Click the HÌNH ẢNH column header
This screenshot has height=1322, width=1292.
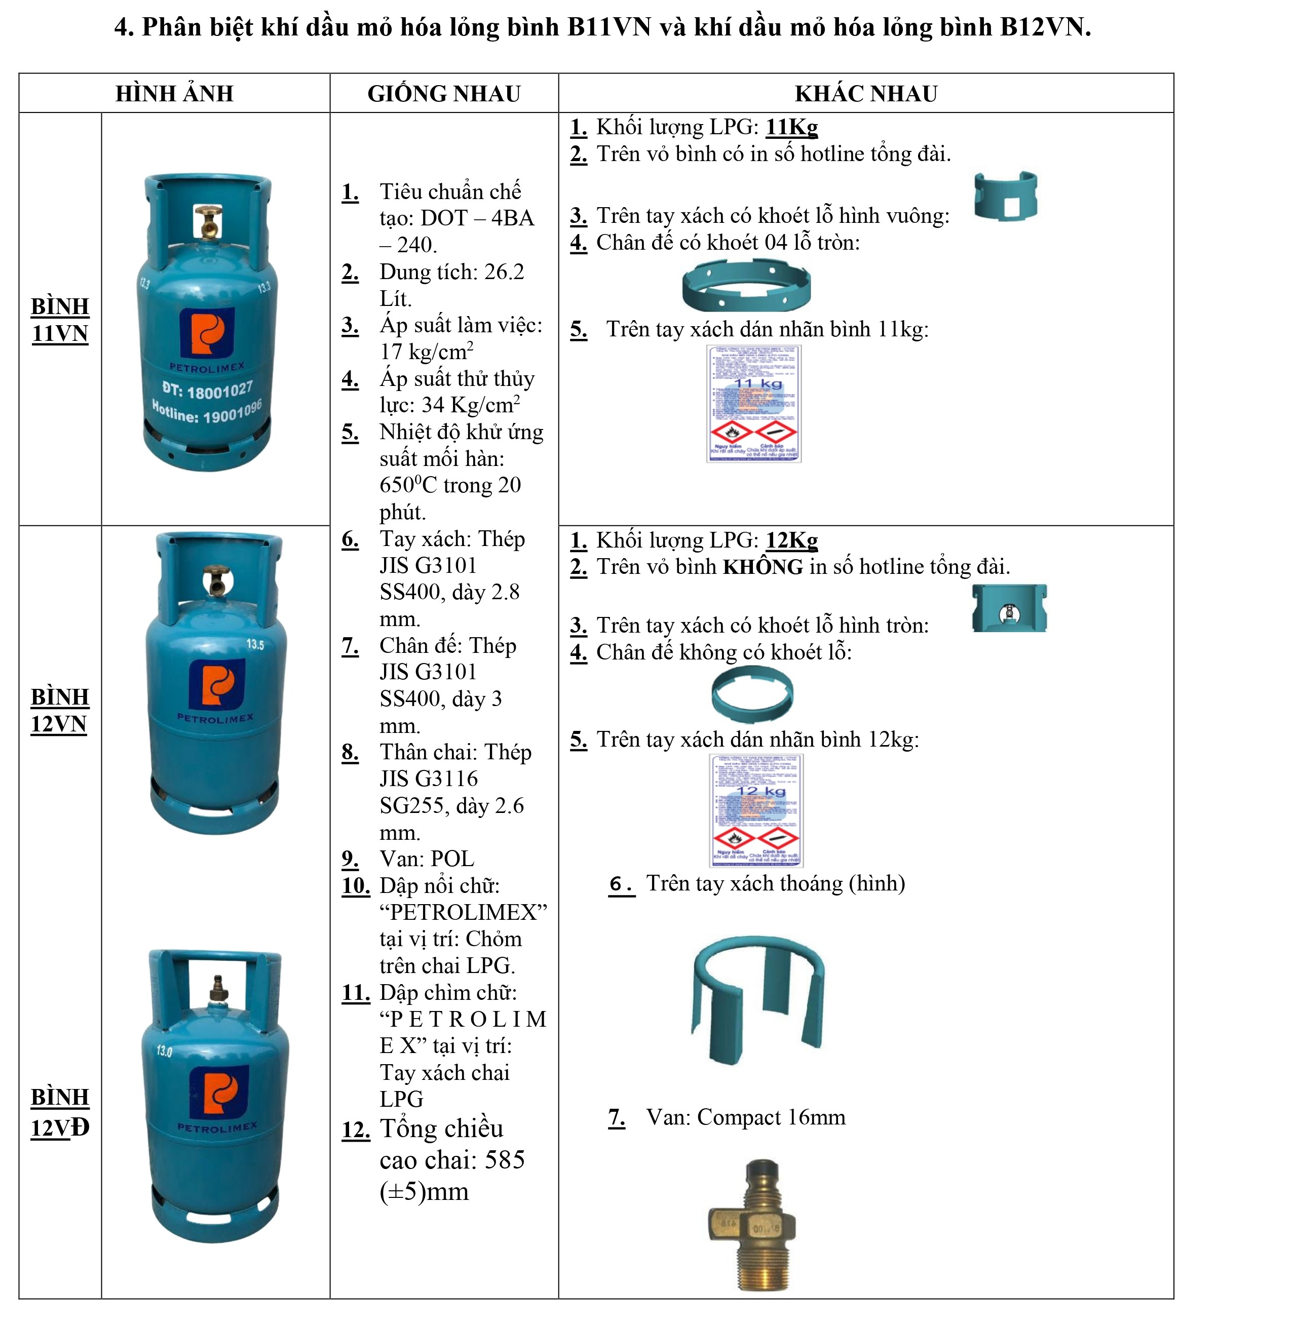tap(174, 94)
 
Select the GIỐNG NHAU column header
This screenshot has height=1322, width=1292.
tap(444, 94)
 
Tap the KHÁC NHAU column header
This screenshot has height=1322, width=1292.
tap(866, 94)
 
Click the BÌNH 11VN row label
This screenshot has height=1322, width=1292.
tap(60, 320)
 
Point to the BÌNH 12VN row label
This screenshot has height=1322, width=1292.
tap(60, 710)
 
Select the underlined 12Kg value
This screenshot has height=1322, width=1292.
tap(792, 540)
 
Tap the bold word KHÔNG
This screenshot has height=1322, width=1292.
tap(763, 566)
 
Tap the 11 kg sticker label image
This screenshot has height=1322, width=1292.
tap(753, 404)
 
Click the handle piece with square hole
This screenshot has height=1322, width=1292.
tap(1006, 196)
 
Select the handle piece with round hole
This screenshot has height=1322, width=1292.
tap(1010, 608)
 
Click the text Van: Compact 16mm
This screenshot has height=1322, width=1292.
tap(745, 1117)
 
